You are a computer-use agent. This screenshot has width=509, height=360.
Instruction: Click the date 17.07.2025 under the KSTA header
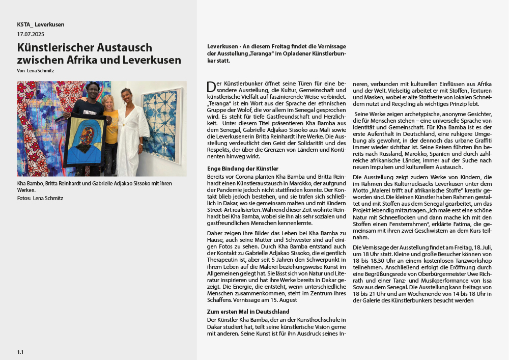point(31,35)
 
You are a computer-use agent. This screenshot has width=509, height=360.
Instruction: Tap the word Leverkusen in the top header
point(49,24)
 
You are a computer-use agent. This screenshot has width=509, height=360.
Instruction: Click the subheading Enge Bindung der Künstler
point(243,169)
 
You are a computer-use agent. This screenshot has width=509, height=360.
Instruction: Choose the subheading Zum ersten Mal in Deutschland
point(248,312)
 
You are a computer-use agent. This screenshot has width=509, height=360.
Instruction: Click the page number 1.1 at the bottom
point(20,352)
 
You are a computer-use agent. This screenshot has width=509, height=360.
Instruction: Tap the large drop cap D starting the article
point(211,86)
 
